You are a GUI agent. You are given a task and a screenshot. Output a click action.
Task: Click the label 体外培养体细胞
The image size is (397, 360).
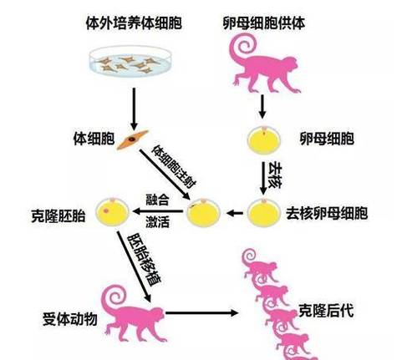(x=134, y=23)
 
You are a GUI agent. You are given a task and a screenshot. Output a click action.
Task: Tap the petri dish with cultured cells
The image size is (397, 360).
(x=131, y=62)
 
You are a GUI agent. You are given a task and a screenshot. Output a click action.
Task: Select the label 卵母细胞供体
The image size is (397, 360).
(x=264, y=23)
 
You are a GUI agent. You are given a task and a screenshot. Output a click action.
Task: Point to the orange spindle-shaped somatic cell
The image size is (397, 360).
(x=133, y=139)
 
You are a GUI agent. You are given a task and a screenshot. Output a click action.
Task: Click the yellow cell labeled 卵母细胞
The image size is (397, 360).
(x=264, y=140)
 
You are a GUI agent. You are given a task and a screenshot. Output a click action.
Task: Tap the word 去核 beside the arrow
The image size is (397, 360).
(x=275, y=175)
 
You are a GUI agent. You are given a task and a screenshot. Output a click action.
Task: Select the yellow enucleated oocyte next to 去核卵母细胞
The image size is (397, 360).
(x=263, y=213)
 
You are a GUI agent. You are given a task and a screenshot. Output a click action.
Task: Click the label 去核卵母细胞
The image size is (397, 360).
(x=327, y=214)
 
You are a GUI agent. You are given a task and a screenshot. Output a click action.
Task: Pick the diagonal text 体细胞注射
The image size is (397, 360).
(x=174, y=166)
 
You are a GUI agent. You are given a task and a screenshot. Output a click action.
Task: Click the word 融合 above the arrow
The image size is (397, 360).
(x=157, y=199)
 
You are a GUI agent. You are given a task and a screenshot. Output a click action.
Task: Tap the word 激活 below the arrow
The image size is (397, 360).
(x=157, y=222)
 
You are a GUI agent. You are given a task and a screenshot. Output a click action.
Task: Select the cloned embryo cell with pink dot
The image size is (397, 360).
(x=112, y=212)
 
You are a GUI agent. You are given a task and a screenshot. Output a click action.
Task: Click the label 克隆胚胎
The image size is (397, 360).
(x=59, y=215)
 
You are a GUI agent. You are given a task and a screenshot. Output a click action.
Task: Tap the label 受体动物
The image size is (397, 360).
(x=70, y=319)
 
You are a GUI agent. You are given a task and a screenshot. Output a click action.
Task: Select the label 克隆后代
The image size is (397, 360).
(x=326, y=311)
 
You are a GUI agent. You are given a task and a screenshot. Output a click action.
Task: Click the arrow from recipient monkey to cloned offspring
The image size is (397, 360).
(x=202, y=313)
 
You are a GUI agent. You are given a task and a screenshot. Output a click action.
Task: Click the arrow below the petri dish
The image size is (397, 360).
(x=135, y=109)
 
